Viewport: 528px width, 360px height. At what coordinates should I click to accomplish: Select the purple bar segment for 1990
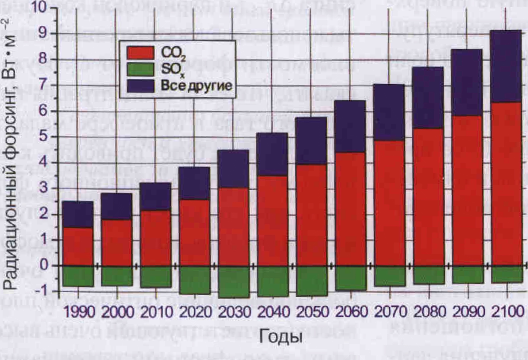coord(78,214)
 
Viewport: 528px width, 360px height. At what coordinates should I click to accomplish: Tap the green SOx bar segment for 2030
coord(234,282)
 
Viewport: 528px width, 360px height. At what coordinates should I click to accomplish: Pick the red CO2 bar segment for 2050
coord(311,215)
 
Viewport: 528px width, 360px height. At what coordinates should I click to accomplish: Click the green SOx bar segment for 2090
coord(468,274)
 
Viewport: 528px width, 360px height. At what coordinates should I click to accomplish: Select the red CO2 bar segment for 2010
coord(156,238)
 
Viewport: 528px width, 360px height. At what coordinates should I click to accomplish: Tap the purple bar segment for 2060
coord(350,126)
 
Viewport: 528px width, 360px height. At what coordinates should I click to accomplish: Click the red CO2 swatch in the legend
coord(140,53)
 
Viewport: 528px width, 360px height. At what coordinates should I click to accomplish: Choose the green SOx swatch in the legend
coord(140,69)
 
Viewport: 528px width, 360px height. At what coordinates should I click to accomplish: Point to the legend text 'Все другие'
coord(197,86)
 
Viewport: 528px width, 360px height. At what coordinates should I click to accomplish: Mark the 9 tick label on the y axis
coord(43,33)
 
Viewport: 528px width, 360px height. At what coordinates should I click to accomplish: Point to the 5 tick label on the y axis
coord(43,137)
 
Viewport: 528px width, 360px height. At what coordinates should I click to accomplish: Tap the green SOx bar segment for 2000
coord(117,276)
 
